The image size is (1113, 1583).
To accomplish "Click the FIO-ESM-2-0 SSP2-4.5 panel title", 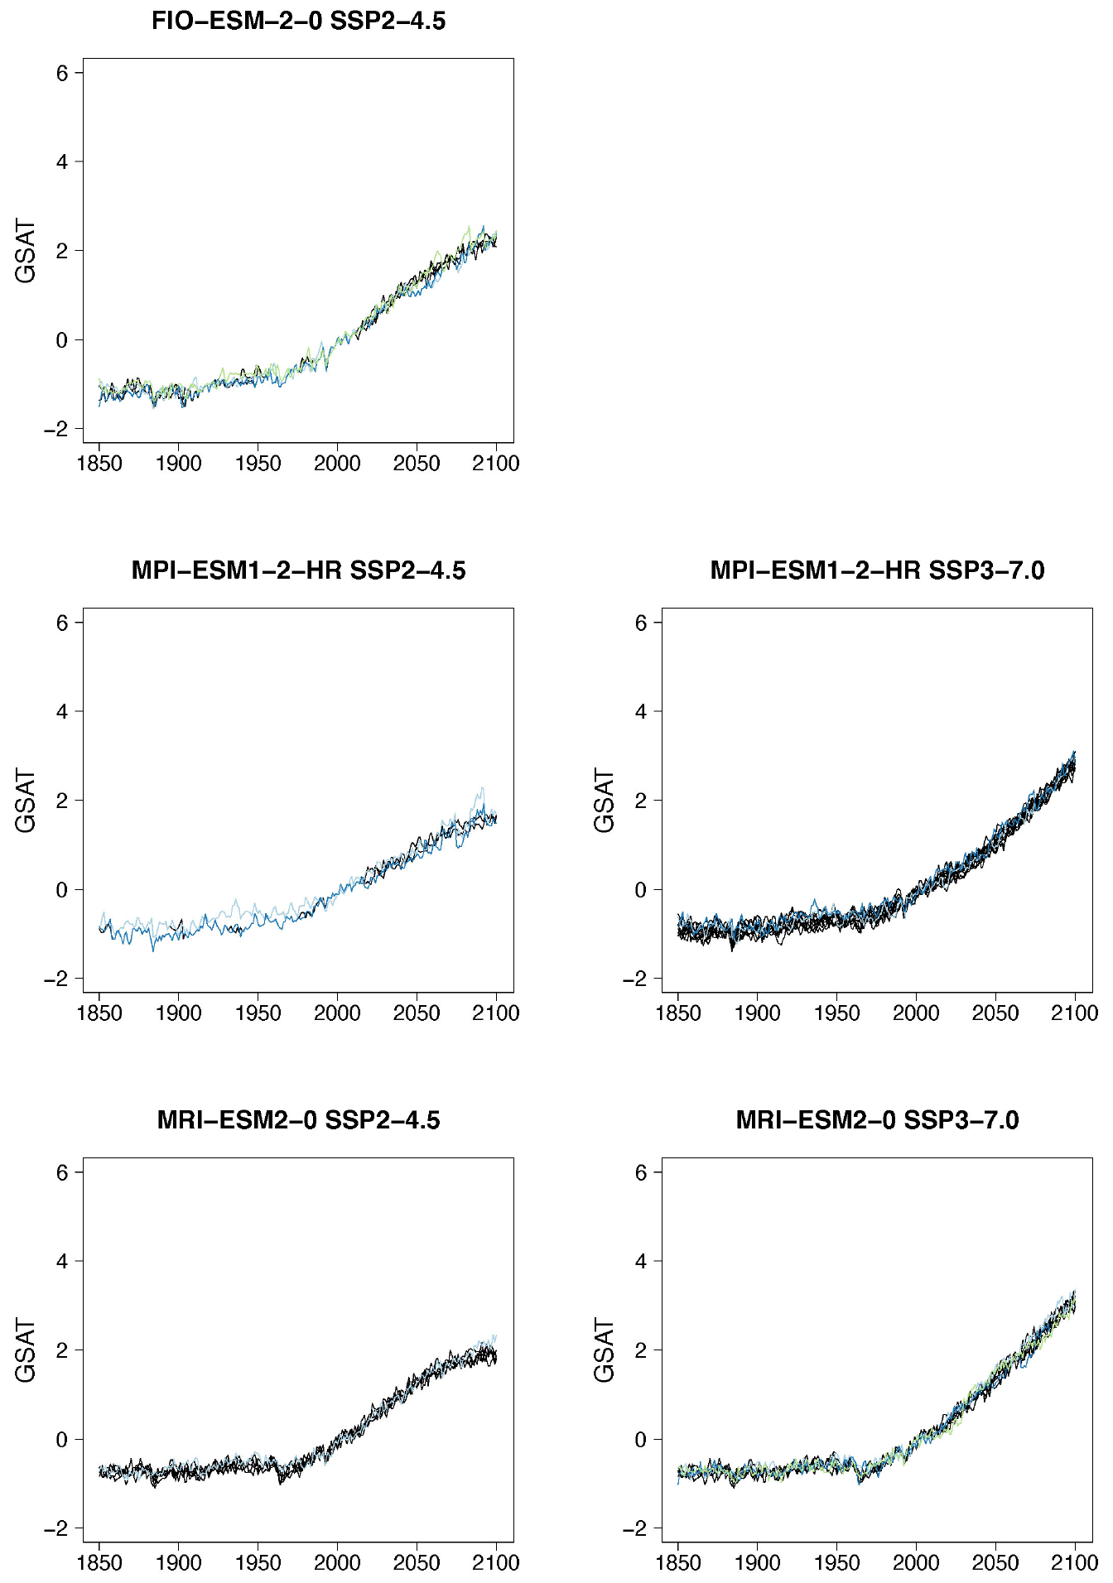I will click(298, 21).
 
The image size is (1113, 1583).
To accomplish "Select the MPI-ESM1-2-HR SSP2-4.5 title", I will click(298, 570).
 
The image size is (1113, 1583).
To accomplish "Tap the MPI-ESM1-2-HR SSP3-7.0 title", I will click(877, 570).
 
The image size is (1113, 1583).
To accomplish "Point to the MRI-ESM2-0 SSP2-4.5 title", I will click(298, 1120).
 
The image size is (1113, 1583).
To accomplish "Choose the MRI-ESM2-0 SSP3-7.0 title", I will click(877, 1120).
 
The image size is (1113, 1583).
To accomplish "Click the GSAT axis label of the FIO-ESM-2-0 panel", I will click(26, 251).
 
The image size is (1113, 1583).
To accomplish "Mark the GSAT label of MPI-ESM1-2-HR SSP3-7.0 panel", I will click(605, 801).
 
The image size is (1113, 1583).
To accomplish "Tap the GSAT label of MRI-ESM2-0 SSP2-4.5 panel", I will click(26, 1350).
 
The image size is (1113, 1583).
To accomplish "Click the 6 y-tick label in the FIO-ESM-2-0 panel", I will click(62, 73).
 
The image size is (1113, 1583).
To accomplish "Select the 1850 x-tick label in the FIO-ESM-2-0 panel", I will click(99, 464).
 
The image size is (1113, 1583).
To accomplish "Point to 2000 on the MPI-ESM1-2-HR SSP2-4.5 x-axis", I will click(337, 1013).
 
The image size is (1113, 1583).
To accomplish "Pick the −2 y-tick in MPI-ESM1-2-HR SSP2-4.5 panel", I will click(56, 979).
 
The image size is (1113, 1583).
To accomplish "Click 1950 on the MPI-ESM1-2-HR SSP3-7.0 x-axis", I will click(836, 1013).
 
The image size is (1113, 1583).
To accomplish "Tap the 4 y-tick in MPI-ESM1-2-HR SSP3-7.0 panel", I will click(641, 711).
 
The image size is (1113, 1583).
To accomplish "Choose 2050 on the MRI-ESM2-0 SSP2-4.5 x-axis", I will click(417, 1563).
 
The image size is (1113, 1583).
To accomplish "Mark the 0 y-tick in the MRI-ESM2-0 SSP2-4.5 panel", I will click(62, 1440).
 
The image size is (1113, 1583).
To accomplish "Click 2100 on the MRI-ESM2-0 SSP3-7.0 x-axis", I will click(1075, 1563).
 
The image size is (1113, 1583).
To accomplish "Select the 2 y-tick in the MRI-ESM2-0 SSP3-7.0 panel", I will click(641, 1350).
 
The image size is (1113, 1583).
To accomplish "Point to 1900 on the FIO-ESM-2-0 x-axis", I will click(179, 464).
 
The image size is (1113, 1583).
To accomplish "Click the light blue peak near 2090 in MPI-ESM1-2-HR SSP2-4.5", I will click(482, 788).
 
